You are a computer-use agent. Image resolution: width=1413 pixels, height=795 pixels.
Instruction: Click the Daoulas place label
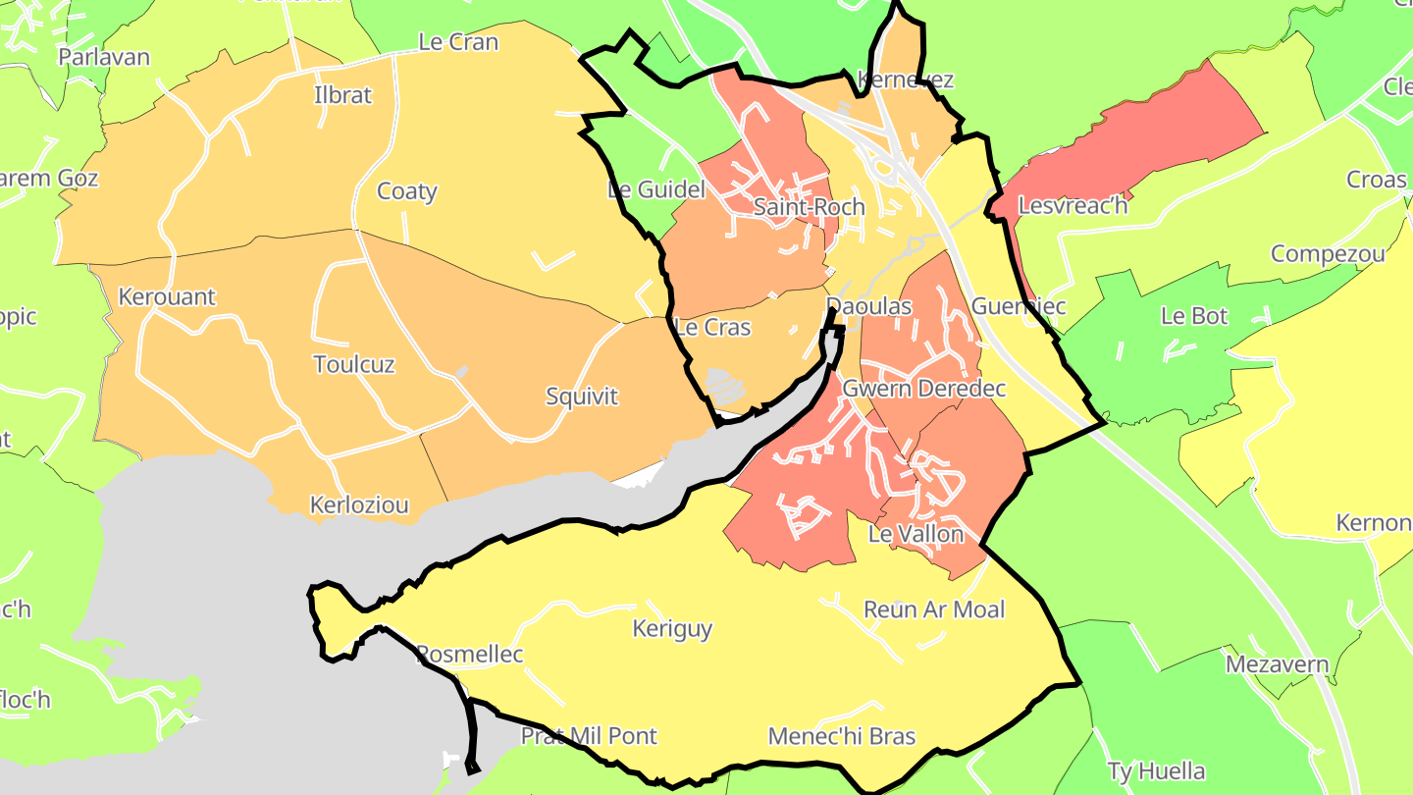(868, 306)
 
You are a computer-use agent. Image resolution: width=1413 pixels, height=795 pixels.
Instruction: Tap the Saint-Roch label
(809, 207)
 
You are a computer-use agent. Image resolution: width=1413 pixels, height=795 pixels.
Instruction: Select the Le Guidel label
(656, 190)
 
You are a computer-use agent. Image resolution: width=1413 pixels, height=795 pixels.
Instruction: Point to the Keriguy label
(672, 629)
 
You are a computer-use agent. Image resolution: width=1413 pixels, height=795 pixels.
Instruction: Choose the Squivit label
(582, 397)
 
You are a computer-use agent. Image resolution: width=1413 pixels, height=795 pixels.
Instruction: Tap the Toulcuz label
(353, 365)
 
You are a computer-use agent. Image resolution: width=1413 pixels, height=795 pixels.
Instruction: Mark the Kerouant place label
(166, 296)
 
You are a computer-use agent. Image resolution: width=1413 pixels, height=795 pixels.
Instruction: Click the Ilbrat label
(342, 95)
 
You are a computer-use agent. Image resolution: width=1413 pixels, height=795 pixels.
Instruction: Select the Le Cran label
(457, 42)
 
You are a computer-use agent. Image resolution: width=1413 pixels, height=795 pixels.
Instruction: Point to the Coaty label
(406, 191)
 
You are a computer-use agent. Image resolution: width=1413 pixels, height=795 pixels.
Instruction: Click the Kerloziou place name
(358, 505)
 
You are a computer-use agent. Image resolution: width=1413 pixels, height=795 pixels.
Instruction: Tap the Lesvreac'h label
(1073, 206)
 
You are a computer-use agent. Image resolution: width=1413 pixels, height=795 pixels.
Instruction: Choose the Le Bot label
(1193, 316)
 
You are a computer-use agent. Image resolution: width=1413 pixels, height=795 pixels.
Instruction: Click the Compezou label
(1328, 254)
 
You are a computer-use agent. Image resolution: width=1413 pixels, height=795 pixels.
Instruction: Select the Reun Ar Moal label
(933, 609)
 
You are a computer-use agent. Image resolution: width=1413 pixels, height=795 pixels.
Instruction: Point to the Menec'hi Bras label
(841, 736)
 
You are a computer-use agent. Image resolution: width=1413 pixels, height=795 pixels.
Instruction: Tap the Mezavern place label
(1277, 664)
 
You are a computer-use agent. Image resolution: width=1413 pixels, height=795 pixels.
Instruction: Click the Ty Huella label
(1155, 771)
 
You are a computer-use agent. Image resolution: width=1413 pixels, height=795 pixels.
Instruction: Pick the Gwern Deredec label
(923, 389)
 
